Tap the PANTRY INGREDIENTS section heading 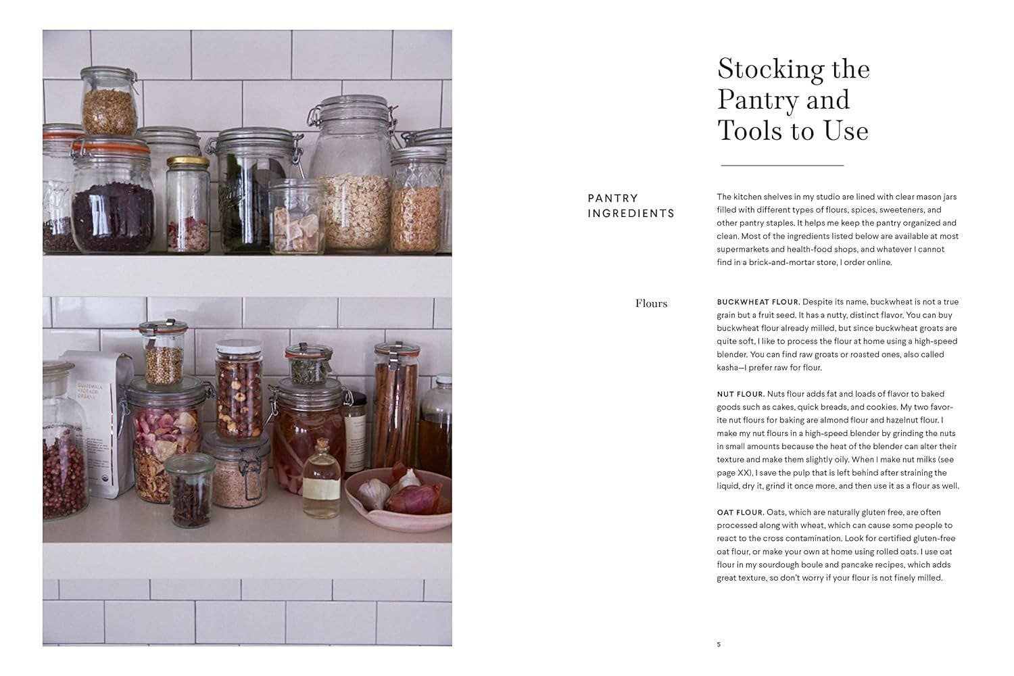pyautogui.click(x=631, y=206)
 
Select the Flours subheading pyautogui.click(x=651, y=304)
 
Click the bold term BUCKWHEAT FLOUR pyautogui.click(x=758, y=302)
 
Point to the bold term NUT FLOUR pyautogui.click(x=740, y=394)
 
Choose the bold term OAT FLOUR pyautogui.click(x=740, y=512)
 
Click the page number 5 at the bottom pyautogui.click(x=719, y=645)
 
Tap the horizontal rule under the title pyautogui.click(x=782, y=165)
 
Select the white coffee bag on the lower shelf pyautogui.click(x=100, y=419)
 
